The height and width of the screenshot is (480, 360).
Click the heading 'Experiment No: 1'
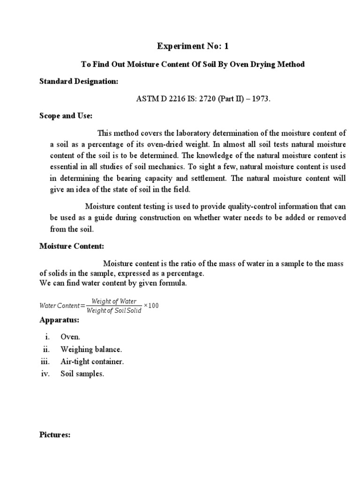(194, 46)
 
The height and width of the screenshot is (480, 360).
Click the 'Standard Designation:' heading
(79, 82)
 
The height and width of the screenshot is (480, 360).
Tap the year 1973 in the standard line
(261, 100)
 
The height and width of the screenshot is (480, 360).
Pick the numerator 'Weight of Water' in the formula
(114, 301)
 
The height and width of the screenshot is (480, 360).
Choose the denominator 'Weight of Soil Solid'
(114, 311)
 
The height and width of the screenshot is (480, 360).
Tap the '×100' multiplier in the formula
(151, 306)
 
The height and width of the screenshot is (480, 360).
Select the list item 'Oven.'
(70, 337)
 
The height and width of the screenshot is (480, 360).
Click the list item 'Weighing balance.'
(91, 349)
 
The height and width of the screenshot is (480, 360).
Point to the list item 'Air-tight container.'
(92, 361)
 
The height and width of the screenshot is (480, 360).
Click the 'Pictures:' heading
(55, 435)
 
